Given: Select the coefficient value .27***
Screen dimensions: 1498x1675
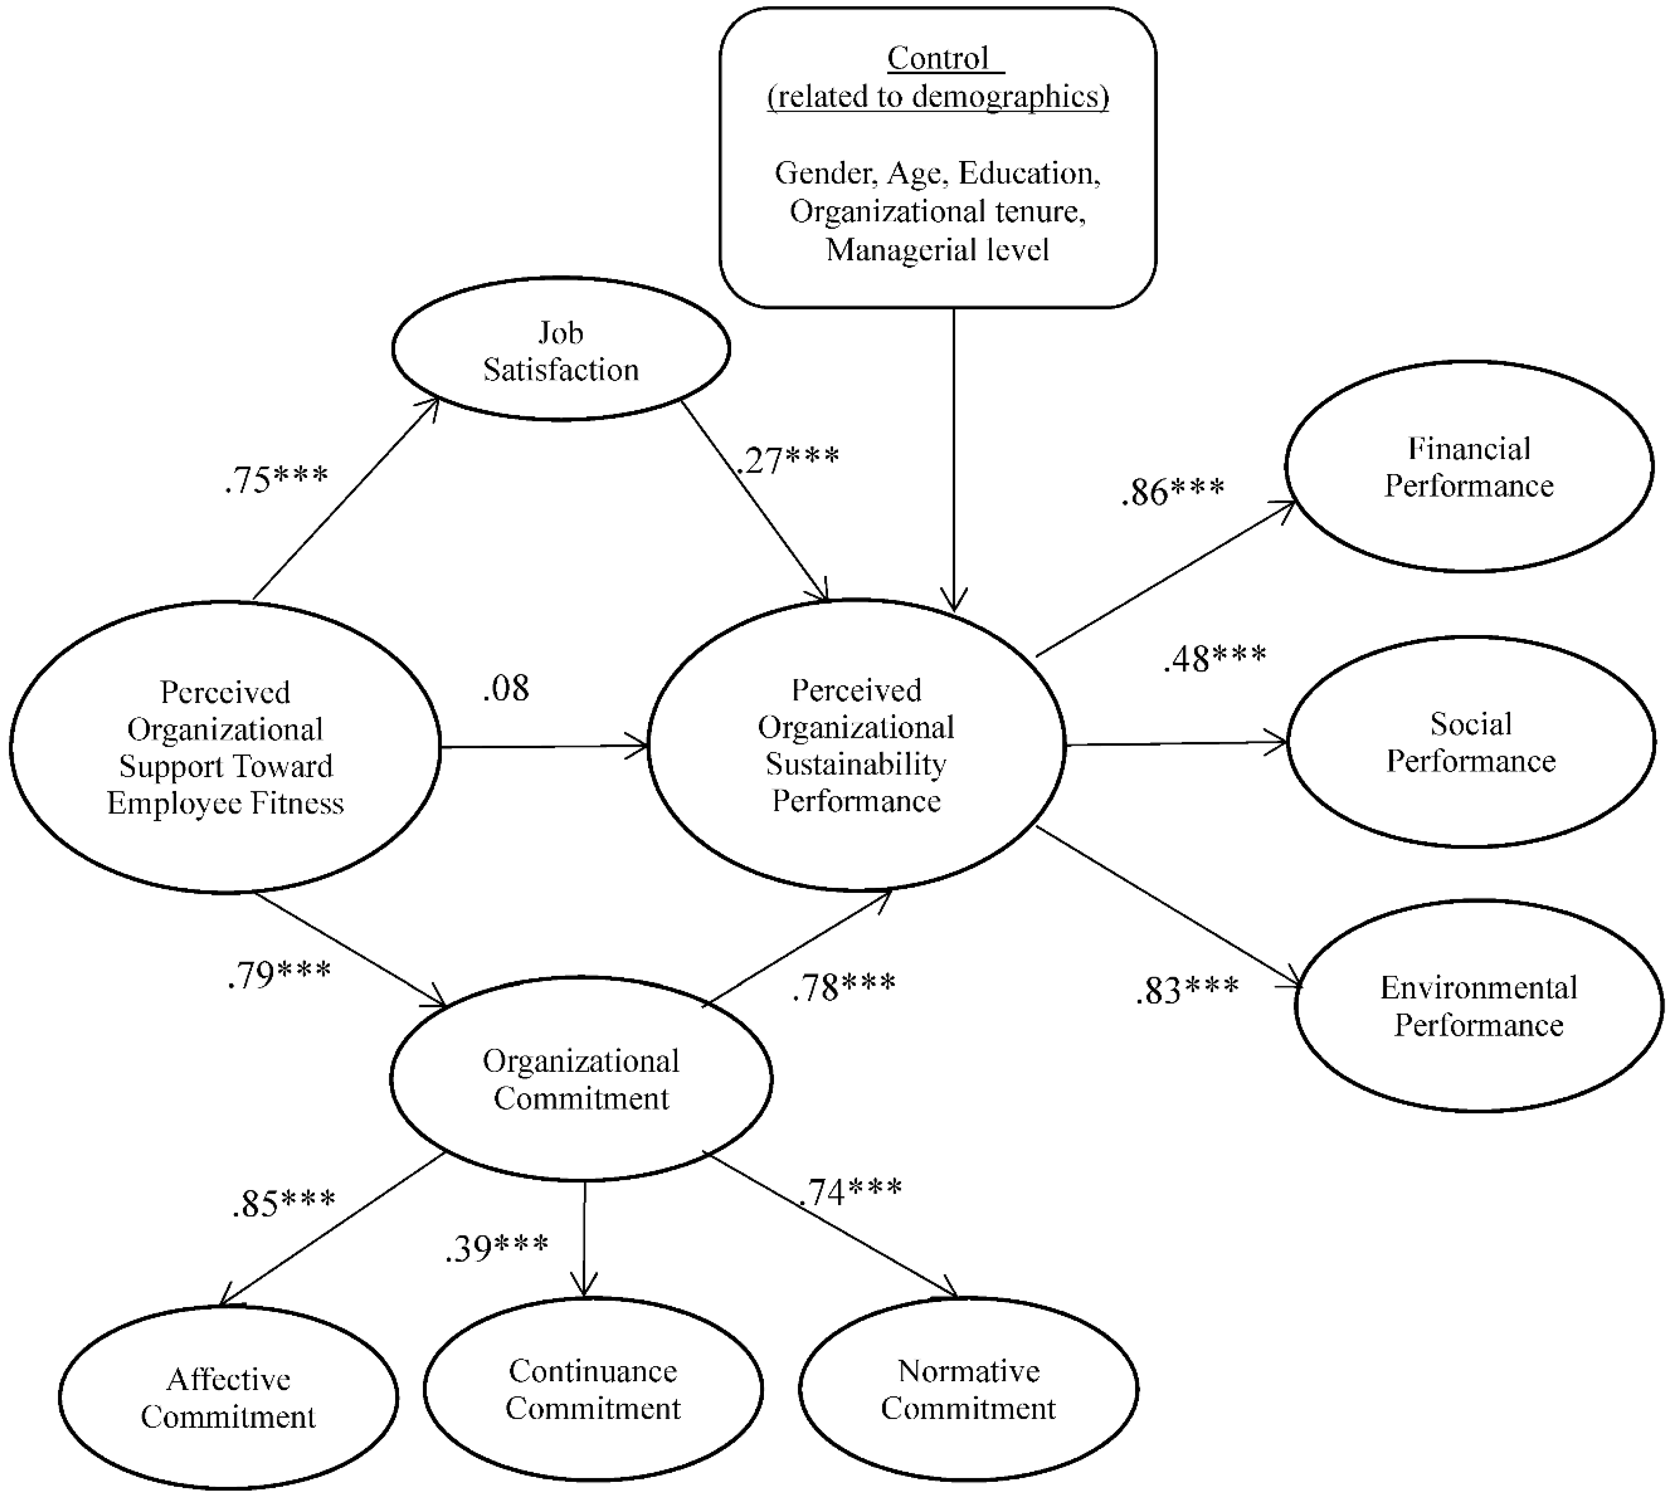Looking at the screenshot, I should pyautogui.click(x=788, y=459).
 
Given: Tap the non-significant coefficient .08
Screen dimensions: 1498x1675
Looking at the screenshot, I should pyautogui.click(x=506, y=688).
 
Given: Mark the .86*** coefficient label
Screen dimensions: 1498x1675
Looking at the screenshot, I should pyautogui.click(x=1172, y=491).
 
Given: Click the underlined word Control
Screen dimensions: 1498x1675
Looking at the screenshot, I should pyautogui.click(x=937, y=59).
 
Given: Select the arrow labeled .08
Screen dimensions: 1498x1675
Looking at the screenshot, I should pyautogui.click(x=543, y=747).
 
